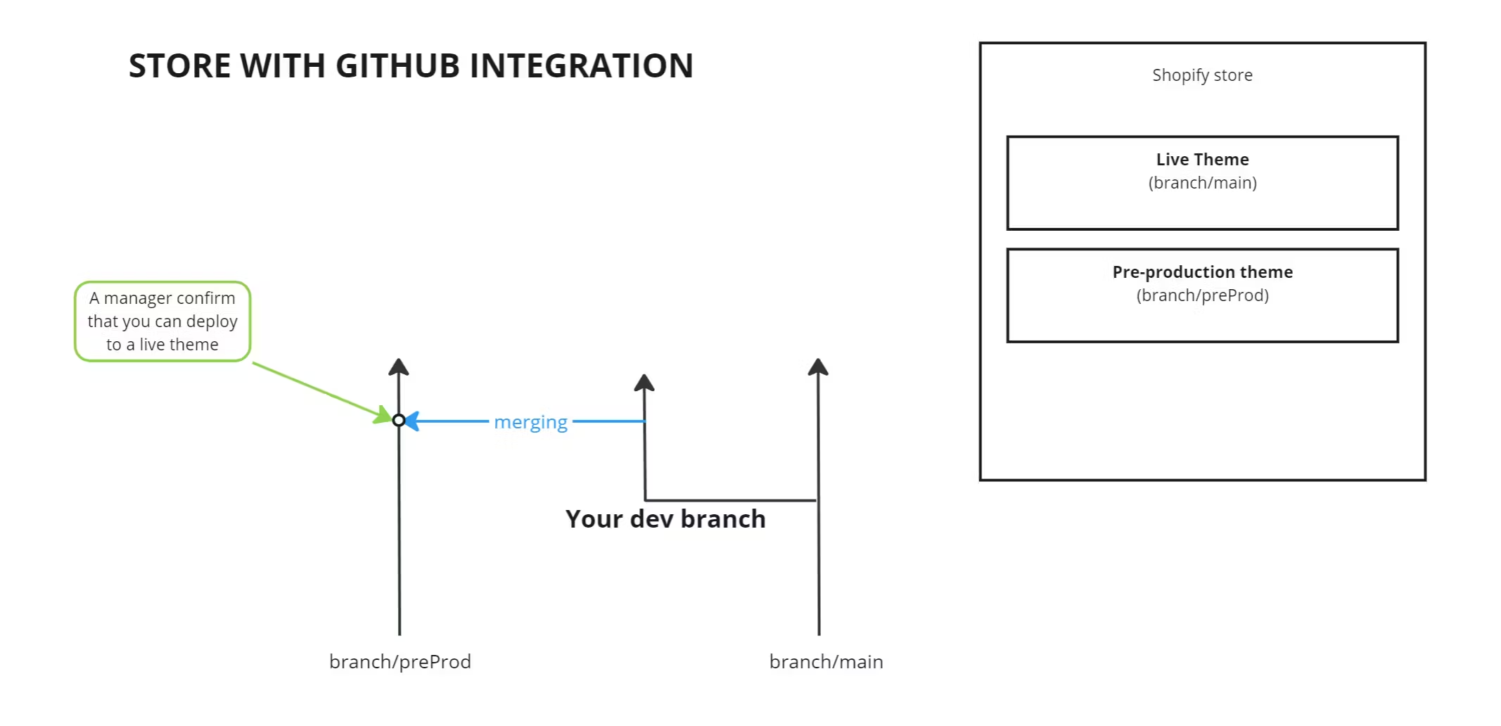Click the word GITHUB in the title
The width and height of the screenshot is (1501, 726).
pos(397,66)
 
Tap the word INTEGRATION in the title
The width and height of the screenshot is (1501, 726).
pos(581,66)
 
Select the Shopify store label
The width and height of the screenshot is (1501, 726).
pos(1202,75)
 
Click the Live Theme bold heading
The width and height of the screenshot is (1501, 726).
pos(1202,160)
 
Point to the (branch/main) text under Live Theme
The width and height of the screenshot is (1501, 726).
pos(1202,183)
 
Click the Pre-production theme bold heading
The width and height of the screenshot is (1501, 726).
pos(1202,272)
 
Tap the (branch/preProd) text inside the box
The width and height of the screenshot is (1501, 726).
pos(1202,295)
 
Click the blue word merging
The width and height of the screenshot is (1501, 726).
pos(530,422)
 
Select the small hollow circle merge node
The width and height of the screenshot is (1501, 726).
pos(399,421)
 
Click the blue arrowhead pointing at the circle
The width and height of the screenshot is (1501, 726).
pos(413,421)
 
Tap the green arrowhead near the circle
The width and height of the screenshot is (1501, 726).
pos(383,415)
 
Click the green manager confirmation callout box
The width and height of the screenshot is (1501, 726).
pos(162,321)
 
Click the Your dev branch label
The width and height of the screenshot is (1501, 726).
pos(665,519)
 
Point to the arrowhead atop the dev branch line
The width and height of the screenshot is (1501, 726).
pos(644,383)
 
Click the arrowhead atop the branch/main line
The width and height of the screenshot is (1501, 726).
pos(817,367)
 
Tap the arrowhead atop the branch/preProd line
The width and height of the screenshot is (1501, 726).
pos(399,367)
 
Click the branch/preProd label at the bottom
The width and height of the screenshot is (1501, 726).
pos(400,662)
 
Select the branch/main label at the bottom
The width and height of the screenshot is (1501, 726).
pos(826,662)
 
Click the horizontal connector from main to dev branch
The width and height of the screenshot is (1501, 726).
pos(732,500)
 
